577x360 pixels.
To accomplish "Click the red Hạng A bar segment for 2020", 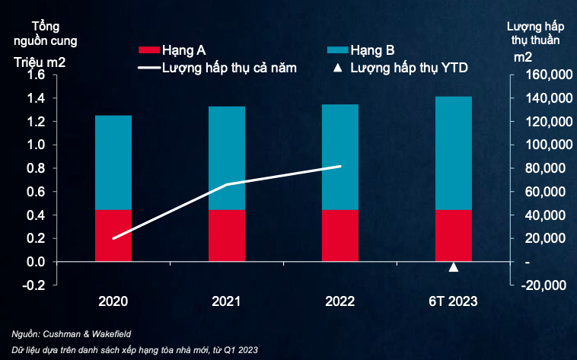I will (x=113, y=235).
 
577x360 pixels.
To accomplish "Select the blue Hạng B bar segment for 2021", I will (x=227, y=158).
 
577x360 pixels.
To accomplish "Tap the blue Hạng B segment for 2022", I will (x=340, y=157).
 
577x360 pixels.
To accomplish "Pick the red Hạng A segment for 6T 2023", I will (x=453, y=235).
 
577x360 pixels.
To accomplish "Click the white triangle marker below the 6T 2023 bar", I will (x=454, y=266).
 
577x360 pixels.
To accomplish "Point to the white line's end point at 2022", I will (x=340, y=166).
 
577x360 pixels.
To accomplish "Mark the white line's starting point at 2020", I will (x=113, y=238).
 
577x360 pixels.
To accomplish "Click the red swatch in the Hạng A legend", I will (x=147, y=50).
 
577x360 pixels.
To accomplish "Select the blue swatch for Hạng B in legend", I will (x=336, y=50).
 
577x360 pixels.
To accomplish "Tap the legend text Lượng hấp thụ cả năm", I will (x=229, y=68).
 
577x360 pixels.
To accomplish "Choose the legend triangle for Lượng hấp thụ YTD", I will (x=336, y=68).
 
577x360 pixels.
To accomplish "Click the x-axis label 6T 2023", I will (x=453, y=301).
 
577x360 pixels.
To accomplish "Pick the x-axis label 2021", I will (x=227, y=301).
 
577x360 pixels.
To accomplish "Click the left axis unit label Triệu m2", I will (x=40, y=61).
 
